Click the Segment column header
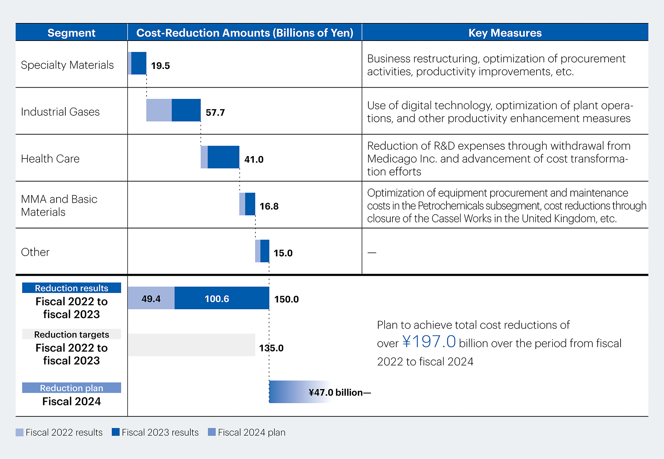71,33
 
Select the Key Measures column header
505,33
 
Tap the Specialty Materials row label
67,65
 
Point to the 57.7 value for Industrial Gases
215,113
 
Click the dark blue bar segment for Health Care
223,157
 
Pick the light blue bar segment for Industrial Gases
159,110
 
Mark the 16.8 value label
269,206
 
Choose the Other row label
35,252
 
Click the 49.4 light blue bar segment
151,298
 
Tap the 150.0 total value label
286,299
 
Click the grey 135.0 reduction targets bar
191,345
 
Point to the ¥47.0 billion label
336,392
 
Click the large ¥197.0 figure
429,341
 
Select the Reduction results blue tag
71,288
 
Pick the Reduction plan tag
71,388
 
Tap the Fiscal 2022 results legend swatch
19,432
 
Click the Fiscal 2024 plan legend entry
247,432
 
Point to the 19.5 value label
160,66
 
